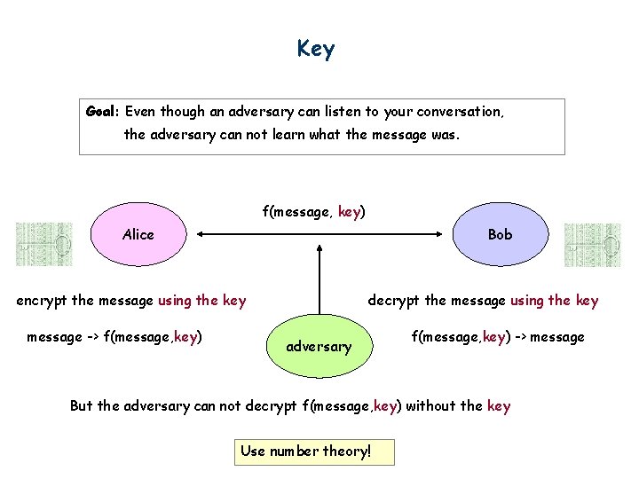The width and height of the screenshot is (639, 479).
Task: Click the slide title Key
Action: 316,49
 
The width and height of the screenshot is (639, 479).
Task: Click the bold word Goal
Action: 103,112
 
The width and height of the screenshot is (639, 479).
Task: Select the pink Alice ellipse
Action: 138,235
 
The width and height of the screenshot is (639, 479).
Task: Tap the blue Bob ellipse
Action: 500,235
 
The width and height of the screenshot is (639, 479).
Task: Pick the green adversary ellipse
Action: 319,346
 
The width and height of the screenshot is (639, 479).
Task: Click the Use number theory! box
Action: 315,452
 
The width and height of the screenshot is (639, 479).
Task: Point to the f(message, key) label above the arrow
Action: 313,212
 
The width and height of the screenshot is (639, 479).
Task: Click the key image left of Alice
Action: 44,245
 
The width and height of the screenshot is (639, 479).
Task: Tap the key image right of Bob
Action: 592,245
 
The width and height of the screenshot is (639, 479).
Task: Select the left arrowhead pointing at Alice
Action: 201,234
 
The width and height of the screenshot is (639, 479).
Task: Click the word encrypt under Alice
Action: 42,300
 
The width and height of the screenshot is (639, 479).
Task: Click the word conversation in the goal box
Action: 460,112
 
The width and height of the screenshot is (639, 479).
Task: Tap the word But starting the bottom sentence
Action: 81,406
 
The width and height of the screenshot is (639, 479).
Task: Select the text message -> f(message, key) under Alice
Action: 114,336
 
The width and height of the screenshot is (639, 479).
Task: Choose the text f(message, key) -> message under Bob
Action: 497,336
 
